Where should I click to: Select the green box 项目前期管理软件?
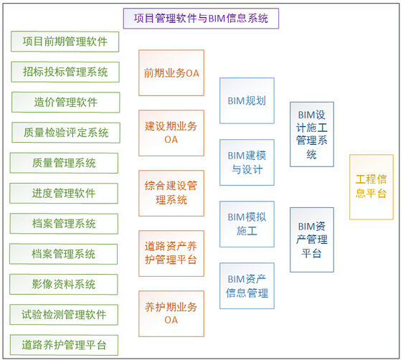[x=65, y=42]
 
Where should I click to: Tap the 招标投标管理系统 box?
[x=65, y=72]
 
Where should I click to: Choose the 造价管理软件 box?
[x=65, y=102]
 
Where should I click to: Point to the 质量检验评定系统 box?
[x=65, y=132]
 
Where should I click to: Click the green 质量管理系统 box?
[x=65, y=163]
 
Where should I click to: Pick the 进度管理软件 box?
[x=65, y=193]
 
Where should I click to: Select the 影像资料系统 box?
[x=65, y=284]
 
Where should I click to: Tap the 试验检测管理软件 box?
[x=65, y=314]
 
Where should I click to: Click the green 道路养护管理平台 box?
[x=65, y=345]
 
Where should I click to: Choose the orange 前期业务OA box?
[x=171, y=72]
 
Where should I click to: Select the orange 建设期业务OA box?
[x=171, y=133]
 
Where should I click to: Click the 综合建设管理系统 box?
[x=171, y=193]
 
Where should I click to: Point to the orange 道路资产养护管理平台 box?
[x=171, y=253]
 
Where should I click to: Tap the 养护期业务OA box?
[x=171, y=313]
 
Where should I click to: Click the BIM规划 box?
[x=247, y=100]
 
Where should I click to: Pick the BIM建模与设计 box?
[x=247, y=162]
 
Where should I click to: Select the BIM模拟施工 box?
[x=247, y=224]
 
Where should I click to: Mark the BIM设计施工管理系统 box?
[x=312, y=134]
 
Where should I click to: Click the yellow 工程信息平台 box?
[x=371, y=186]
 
